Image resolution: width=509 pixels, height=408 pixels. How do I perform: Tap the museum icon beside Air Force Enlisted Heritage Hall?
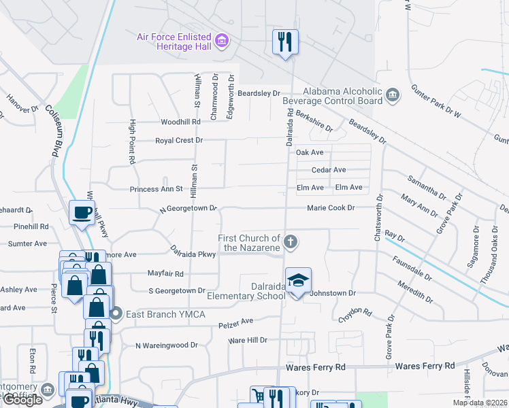click(221, 41)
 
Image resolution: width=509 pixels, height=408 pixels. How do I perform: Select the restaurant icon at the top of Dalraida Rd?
click(284, 42)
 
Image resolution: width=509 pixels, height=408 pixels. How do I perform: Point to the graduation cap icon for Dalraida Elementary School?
click(297, 280)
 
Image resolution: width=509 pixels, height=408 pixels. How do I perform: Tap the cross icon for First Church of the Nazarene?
click(291, 241)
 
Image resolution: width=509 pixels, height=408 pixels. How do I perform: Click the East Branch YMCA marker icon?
click(115, 313)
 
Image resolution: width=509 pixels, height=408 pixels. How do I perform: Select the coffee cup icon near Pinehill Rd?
click(82, 212)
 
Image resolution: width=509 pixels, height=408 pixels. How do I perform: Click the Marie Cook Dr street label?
click(331, 207)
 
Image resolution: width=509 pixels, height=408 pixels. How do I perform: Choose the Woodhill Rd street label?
click(180, 122)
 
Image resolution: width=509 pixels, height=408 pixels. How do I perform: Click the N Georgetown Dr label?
click(188, 209)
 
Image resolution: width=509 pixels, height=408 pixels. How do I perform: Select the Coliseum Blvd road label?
click(54, 131)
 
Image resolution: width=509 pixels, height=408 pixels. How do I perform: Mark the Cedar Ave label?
click(329, 170)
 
